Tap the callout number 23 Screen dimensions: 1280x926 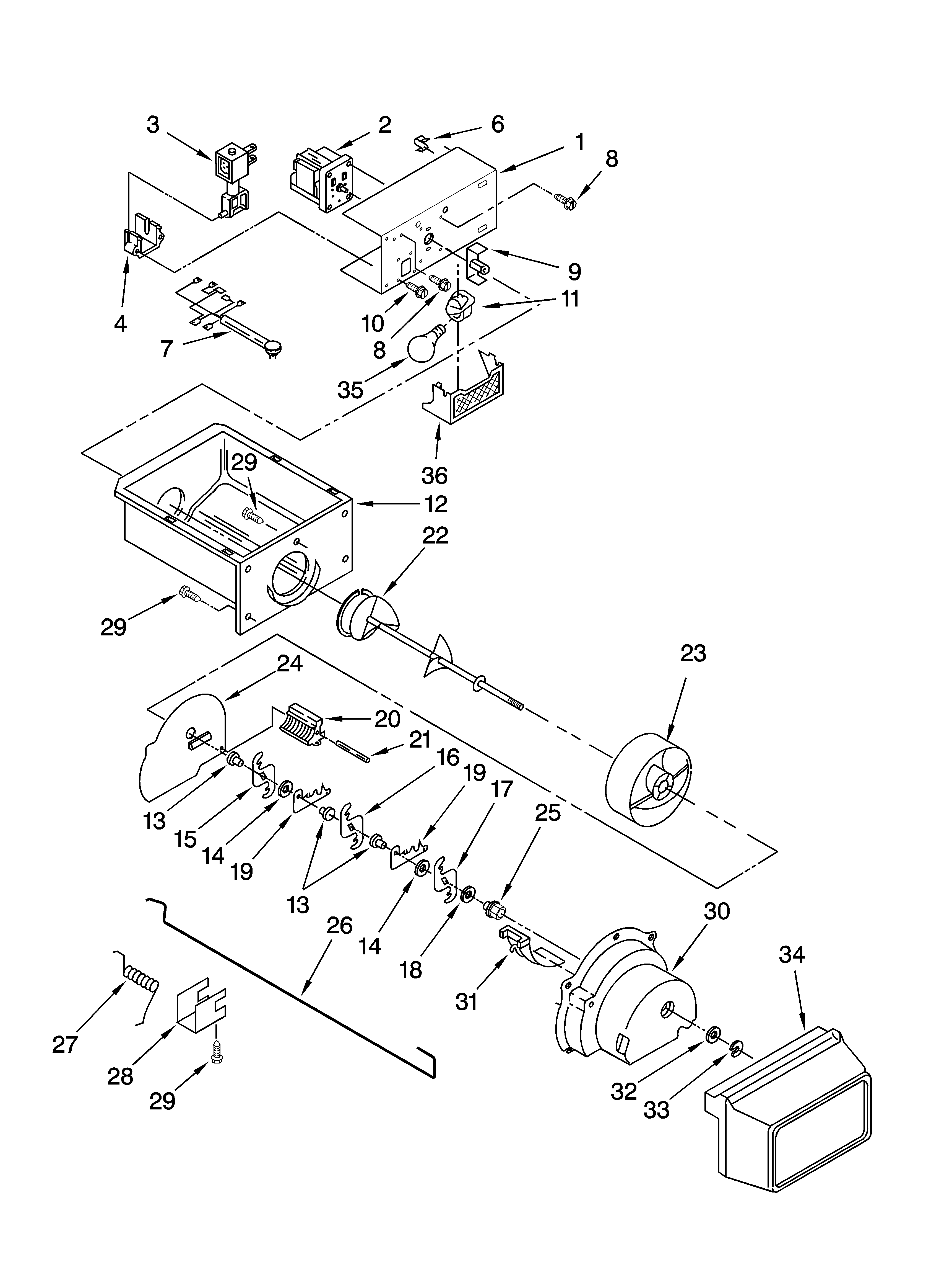[x=693, y=653]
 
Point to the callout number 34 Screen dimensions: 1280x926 [x=792, y=954]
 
